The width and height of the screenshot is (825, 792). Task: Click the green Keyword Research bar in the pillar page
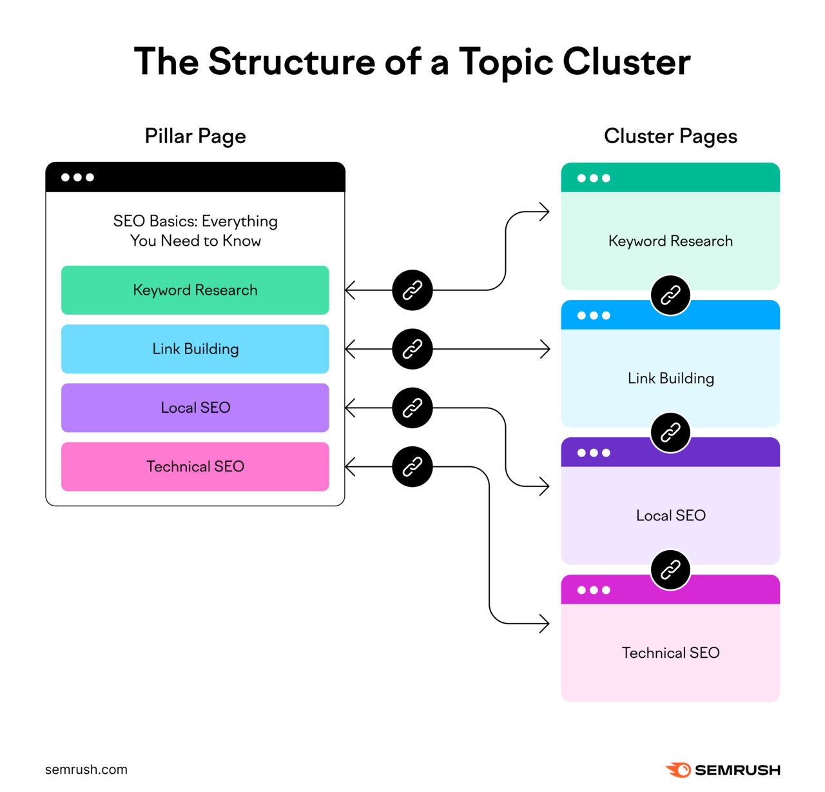(195, 290)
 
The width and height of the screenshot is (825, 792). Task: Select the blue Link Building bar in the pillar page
(195, 349)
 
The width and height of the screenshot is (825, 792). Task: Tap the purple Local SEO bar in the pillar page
(195, 408)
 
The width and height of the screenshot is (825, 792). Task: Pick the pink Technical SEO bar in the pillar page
(195, 466)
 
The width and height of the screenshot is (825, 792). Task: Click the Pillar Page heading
(195, 136)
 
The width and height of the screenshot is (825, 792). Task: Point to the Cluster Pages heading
(670, 136)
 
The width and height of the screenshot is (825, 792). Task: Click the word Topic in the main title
(505, 62)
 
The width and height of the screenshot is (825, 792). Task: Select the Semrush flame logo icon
(679, 769)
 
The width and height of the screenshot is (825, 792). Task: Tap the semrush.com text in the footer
(86, 769)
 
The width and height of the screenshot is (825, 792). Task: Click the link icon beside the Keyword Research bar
(412, 290)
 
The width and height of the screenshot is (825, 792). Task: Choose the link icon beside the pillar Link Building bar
(412, 349)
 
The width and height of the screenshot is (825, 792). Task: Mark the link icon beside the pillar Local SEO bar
(412, 408)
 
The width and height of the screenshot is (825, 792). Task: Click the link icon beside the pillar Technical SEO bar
(412, 466)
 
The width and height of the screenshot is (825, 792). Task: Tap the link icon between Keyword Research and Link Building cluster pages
(670, 295)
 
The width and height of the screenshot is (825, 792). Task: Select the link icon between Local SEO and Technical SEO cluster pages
(670, 570)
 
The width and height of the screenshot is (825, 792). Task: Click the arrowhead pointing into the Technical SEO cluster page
(545, 624)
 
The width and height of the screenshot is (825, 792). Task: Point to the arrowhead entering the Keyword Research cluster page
(545, 212)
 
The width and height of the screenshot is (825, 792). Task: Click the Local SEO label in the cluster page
(670, 515)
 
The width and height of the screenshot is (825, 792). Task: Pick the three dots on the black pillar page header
(77, 177)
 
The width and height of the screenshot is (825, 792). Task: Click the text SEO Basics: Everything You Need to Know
(195, 231)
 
